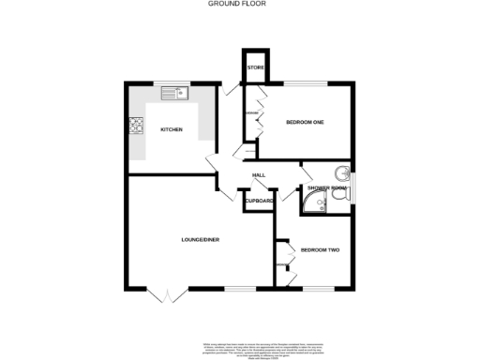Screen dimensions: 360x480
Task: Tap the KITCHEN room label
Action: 171,129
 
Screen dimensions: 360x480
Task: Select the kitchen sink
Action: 173,93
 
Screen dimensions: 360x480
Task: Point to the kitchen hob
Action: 136,124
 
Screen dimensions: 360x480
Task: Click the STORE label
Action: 255,68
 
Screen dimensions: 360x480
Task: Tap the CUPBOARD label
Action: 259,202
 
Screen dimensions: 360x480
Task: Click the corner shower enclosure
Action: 311,203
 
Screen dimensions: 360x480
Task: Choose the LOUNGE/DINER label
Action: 200,241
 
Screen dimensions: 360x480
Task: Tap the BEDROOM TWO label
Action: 319,249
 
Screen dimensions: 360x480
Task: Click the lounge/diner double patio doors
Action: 166,295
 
